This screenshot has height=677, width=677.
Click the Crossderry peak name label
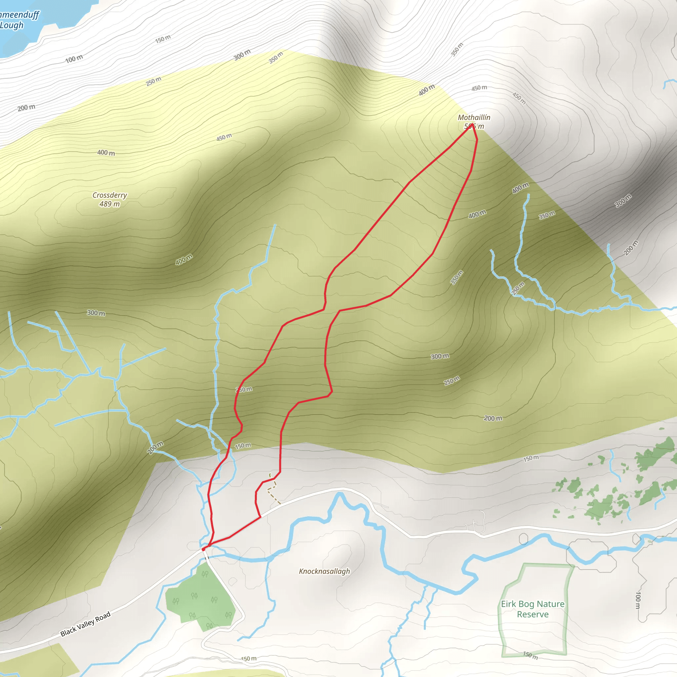click(110, 195)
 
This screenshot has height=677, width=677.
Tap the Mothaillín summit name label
click(474, 117)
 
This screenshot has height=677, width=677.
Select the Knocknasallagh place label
click(324, 571)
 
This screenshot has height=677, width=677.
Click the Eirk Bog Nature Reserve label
click(532, 609)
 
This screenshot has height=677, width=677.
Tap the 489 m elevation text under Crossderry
click(110, 204)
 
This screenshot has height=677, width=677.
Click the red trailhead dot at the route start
click(203, 549)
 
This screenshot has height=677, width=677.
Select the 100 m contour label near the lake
click(74, 59)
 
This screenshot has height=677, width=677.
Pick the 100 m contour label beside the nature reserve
click(638, 600)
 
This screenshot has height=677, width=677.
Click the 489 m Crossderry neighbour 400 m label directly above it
click(106, 153)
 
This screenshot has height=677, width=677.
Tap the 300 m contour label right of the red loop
click(440, 356)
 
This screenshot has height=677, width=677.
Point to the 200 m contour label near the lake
click(26, 107)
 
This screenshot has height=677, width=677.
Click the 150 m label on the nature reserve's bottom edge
click(530, 655)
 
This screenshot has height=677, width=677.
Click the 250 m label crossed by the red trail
click(244, 389)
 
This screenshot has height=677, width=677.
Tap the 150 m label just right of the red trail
click(243, 446)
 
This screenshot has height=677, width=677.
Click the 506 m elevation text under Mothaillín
click(474, 127)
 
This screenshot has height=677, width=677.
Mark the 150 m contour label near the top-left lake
click(163, 39)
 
